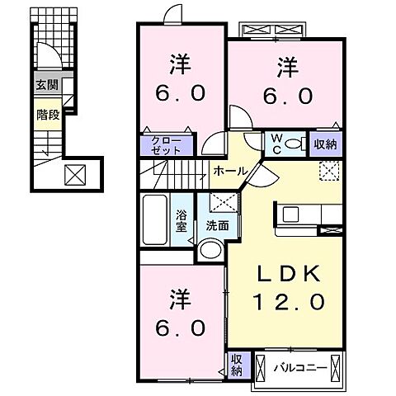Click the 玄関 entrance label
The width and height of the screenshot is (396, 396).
coord(47,85)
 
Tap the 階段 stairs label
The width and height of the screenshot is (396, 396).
coord(48,115)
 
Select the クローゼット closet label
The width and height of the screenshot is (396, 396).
coord(167,145)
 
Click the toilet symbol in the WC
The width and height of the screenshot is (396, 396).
coord(295,144)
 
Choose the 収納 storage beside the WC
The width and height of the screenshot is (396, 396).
coord(326,144)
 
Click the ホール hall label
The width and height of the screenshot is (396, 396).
coord(230,172)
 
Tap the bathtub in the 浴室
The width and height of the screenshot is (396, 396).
coord(155,219)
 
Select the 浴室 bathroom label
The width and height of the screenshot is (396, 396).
coord(181,220)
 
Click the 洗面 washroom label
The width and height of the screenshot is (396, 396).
coord(218,225)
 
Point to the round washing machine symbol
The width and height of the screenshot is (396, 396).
coord(211,250)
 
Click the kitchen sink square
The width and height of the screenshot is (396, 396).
coord(290,214)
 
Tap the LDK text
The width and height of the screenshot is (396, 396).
coord(289,273)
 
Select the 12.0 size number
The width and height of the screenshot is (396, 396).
coord(289,301)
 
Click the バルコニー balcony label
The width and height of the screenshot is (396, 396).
coord(300,368)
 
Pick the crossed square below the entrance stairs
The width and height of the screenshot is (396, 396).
coord(75,175)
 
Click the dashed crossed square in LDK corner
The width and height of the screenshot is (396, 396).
coord(329,171)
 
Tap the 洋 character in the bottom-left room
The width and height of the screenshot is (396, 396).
coord(181,299)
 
